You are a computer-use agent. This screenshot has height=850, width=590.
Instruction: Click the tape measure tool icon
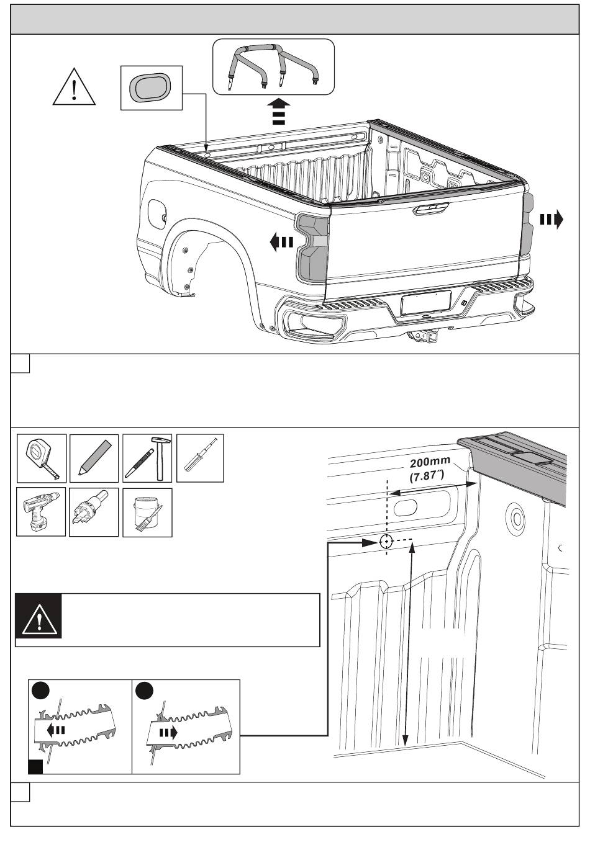(x=42, y=459)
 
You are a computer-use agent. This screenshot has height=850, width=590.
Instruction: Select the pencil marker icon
(x=94, y=459)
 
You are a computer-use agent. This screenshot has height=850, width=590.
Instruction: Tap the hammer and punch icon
(x=147, y=459)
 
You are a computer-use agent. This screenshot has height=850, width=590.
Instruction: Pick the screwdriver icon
(x=200, y=459)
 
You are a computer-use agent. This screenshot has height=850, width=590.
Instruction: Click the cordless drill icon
(x=41, y=512)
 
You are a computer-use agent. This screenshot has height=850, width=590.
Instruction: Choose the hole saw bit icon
(x=94, y=512)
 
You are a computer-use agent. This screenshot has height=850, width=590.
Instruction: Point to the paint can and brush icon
(x=147, y=512)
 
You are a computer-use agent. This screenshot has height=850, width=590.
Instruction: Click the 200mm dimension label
(x=430, y=462)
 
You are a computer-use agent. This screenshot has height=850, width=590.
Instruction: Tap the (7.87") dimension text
(x=427, y=476)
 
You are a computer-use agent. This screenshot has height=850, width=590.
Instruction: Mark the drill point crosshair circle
(x=386, y=542)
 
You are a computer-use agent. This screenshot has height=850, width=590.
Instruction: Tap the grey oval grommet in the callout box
(x=150, y=87)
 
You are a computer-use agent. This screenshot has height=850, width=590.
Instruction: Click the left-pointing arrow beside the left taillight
(x=281, y=242)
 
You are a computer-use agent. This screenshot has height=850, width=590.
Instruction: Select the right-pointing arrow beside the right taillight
(x=551, y=220)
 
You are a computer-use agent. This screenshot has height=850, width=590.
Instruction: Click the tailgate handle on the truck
(x=431, y=208)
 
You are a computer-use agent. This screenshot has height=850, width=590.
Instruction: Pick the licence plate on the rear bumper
(x=426, y=302)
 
